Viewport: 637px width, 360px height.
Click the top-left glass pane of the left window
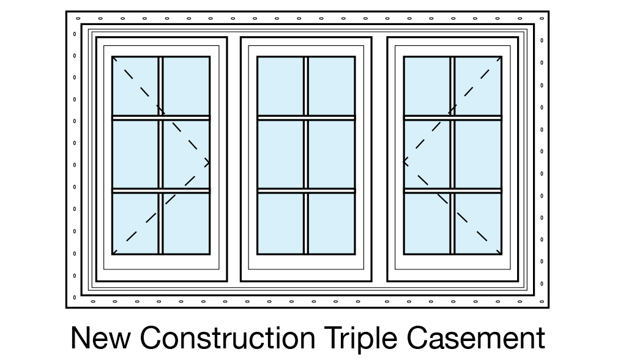pyautogui.click(x=135, y=86)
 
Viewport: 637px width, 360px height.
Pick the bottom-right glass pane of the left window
pyautogui.click(x=186, y=223)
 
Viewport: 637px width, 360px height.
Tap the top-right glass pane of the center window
pyautogui.click(x=331, y=86)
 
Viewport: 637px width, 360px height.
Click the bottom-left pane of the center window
pyautogui.click(x=280, y=223)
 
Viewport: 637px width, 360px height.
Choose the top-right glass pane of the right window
pyautogui.click(x=478, y=86)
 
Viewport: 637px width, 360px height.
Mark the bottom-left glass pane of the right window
pyautogui.click(x=427, y=223)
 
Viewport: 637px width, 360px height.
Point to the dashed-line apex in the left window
pyautogui.click(x=209, y=163)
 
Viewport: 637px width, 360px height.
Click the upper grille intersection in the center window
pyautogui.click(x=306, y=118)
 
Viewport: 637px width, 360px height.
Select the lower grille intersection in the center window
pyautogui.click(x=306, y=191)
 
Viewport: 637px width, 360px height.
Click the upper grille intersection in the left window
pyautogui.click(x=161, y=118)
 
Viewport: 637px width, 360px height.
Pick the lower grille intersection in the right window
pyautogui.click(x=453, y=191)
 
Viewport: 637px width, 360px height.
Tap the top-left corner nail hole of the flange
pyautogui.click(x=75, y=18)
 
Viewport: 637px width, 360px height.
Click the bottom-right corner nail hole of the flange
pyautogui.click(x=542, y=301)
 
